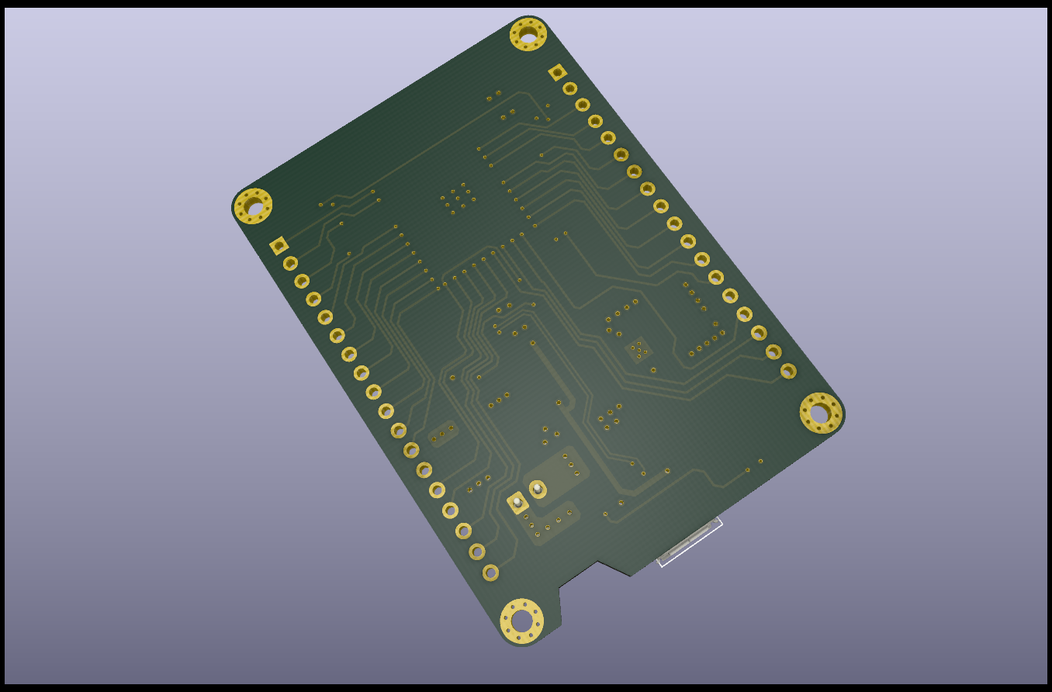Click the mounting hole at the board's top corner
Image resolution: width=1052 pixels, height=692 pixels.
528,35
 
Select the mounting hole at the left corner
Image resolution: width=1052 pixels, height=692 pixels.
253,206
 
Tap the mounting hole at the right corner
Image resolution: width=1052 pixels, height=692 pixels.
820,413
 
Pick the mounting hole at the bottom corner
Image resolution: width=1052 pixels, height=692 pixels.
521,621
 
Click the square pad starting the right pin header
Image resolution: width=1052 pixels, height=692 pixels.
557,73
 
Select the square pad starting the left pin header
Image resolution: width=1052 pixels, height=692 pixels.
279,247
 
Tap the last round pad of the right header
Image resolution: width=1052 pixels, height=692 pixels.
788,371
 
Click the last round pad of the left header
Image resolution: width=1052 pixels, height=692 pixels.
490,573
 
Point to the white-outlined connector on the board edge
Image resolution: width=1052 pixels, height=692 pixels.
690,542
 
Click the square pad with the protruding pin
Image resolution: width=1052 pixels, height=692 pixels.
517,502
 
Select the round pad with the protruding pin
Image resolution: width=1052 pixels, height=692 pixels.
538,489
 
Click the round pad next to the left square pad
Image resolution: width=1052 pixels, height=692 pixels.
290,264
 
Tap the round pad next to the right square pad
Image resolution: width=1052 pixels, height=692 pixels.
570,88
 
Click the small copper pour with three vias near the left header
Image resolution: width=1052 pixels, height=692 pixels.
443,434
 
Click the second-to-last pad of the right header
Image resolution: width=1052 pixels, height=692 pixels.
773,351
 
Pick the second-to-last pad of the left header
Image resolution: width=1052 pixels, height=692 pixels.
477,552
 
